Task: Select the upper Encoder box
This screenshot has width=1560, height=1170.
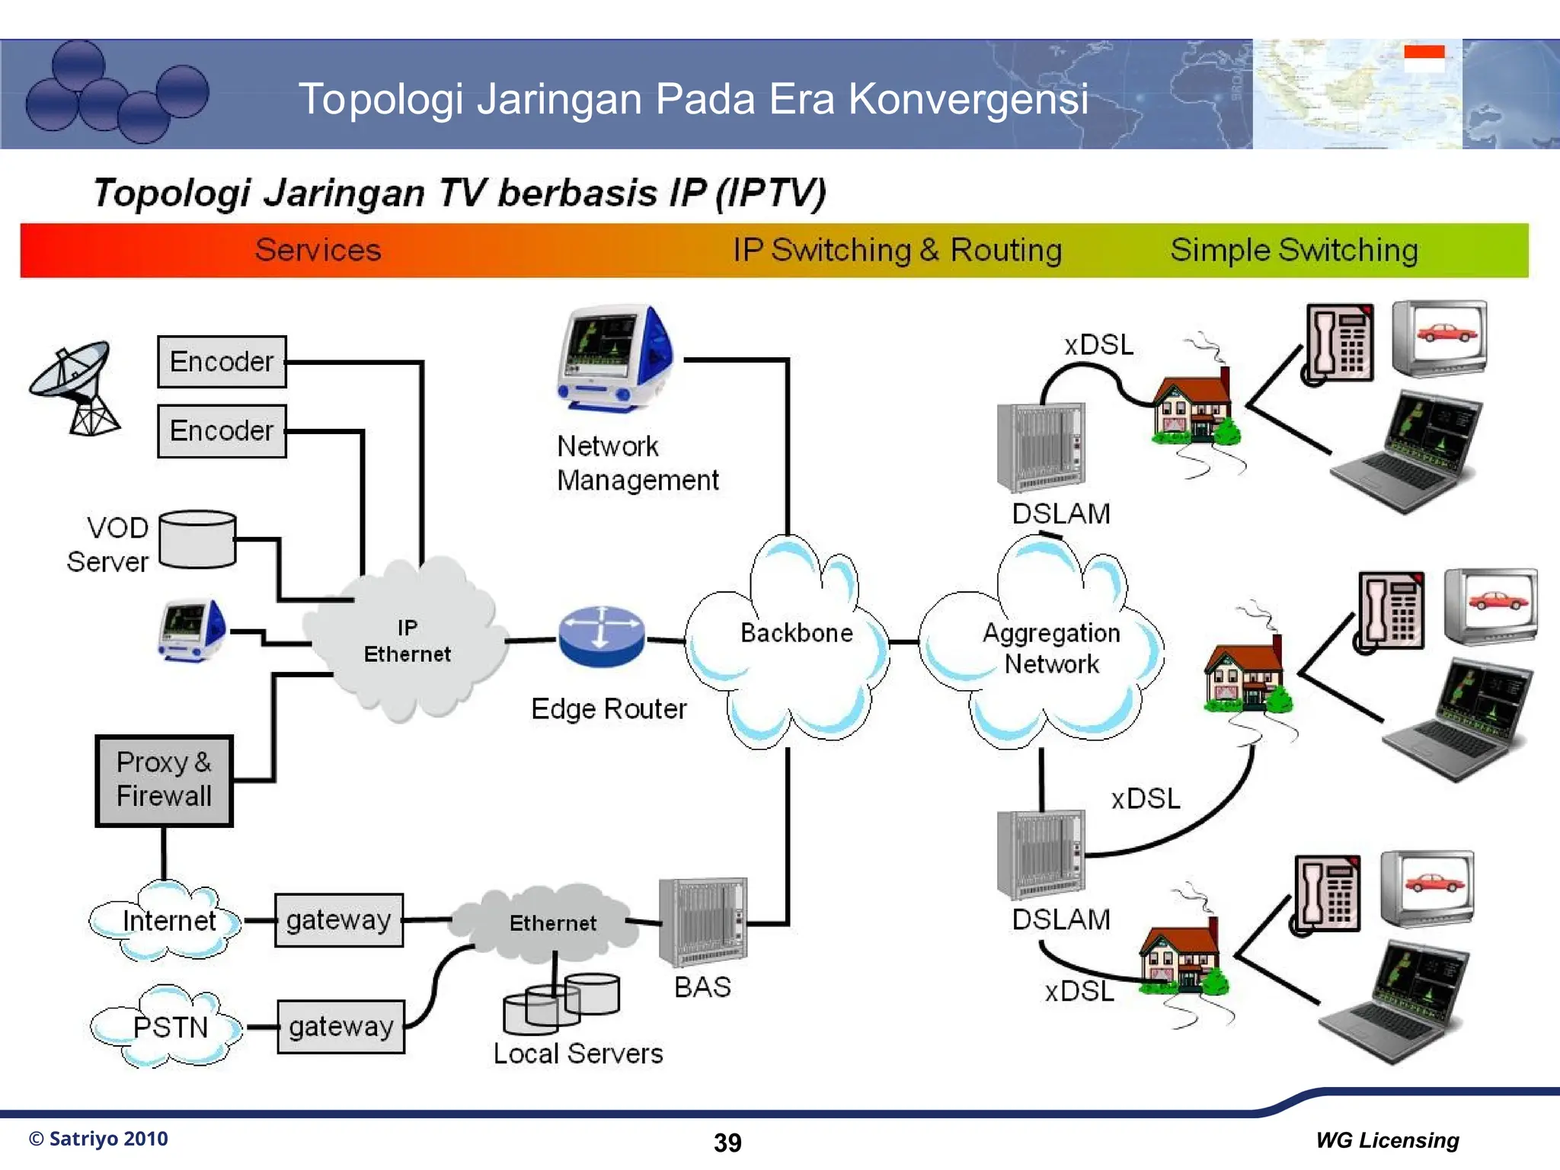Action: click(x=222, y=362)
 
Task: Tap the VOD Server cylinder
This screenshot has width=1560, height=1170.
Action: click(x=197, y=539)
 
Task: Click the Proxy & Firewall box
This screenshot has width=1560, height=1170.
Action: click(x=164, y=781)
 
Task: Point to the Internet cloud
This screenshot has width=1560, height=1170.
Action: click(x=168, y=921)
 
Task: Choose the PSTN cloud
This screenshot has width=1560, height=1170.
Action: click(x=169, y=1027)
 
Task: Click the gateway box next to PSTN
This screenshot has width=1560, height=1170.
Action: click(x=340, y=1027)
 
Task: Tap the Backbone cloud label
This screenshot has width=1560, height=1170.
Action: click(x=796, y=633)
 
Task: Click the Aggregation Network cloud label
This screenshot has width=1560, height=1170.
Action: click(x=1051, y=648)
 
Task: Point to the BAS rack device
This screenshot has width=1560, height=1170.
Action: click(x=702, y=922)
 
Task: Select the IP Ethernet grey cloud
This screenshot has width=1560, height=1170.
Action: click(x=407, y=641)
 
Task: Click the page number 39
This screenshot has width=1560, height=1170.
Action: click(x=727, y=1143)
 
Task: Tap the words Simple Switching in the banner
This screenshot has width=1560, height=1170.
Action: click(x=1293, y=251)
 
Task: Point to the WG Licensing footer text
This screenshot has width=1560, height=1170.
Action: click(x=1387, y=1140)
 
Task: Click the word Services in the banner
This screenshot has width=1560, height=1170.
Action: click(x=318, y=251)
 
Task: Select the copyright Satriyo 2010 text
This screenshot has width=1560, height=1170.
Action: click(x=98, y=1139)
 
